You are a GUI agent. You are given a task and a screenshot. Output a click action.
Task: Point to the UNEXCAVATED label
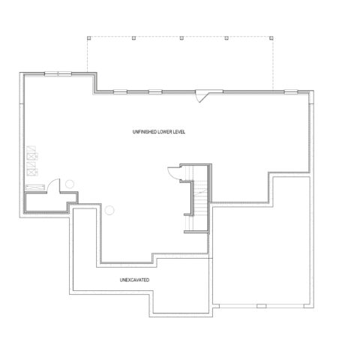click(x=134, y=280)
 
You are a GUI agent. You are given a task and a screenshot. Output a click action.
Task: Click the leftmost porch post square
click(x=89, y=38)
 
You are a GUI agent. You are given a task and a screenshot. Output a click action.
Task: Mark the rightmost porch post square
click(x=271, y=38)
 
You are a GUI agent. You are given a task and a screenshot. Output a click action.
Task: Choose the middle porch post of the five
click(x=181, y=38)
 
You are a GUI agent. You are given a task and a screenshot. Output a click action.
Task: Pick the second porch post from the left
click(x=134, y=38)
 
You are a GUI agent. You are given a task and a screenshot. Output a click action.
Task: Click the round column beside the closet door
click(x=70, y=184)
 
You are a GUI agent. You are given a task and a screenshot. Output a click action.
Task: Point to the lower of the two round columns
click(x=109, y=210)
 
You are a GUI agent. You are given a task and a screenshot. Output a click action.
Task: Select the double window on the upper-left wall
click(x=58, y=73)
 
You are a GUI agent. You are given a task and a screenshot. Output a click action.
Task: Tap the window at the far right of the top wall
click(x=291, y=91)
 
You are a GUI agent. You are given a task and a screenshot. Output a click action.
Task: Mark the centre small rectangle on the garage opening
click(x=262, y=306)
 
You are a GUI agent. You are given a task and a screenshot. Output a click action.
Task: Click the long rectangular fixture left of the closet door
click(x=35, y=187)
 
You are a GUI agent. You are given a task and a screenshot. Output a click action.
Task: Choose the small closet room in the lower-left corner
click(x=50, y=202)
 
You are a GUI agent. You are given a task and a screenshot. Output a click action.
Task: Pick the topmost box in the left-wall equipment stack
click(x=31, y=148)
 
